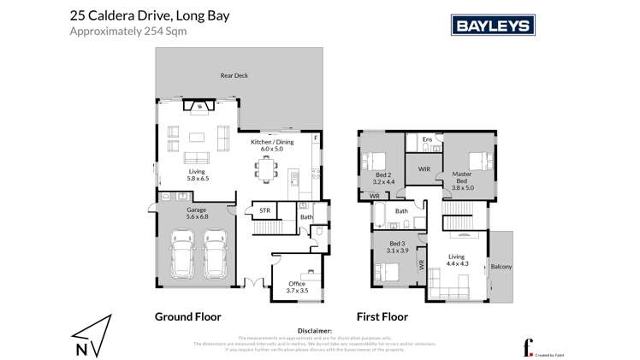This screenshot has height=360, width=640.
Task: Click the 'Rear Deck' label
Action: pos(234,76)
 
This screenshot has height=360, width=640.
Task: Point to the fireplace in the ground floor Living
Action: pos(199,107)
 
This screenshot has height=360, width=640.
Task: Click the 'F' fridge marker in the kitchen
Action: pos(316,138)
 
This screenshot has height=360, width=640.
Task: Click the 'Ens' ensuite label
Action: pos(426,139)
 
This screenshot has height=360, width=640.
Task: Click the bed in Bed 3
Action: pos(387,273)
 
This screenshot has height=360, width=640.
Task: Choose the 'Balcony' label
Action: pos(501,268)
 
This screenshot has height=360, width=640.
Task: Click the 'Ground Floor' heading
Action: pos(182,316)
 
